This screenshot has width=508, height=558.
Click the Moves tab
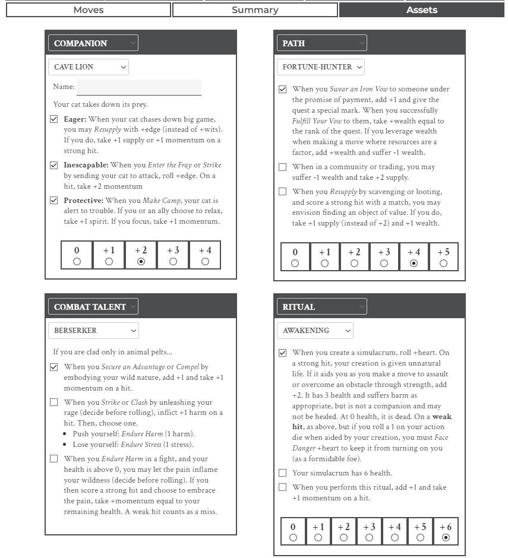(89, 10)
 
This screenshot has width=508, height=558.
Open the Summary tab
(255, 10)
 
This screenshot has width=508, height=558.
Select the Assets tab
(422, 10)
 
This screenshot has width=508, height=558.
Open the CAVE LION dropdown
(88, 67)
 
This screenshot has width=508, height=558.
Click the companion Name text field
(139, 87)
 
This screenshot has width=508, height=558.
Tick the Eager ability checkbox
(54, 119)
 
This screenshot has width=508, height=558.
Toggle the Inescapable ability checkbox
(54, 165)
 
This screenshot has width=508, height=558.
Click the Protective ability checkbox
(54, 201)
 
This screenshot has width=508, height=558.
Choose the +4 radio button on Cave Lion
(205, 261)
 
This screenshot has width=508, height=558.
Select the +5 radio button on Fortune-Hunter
(443, 263)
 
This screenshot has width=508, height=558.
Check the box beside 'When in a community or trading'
(283, 167)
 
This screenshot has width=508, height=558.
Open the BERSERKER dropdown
(93, 331)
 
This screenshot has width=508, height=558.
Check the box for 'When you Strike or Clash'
(54, 402)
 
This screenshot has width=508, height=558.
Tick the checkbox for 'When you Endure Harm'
(54, 459)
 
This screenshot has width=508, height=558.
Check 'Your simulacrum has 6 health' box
(283, 473)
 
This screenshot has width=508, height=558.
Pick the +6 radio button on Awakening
(446, 537)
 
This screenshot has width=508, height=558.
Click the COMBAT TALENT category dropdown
(93, 307)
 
